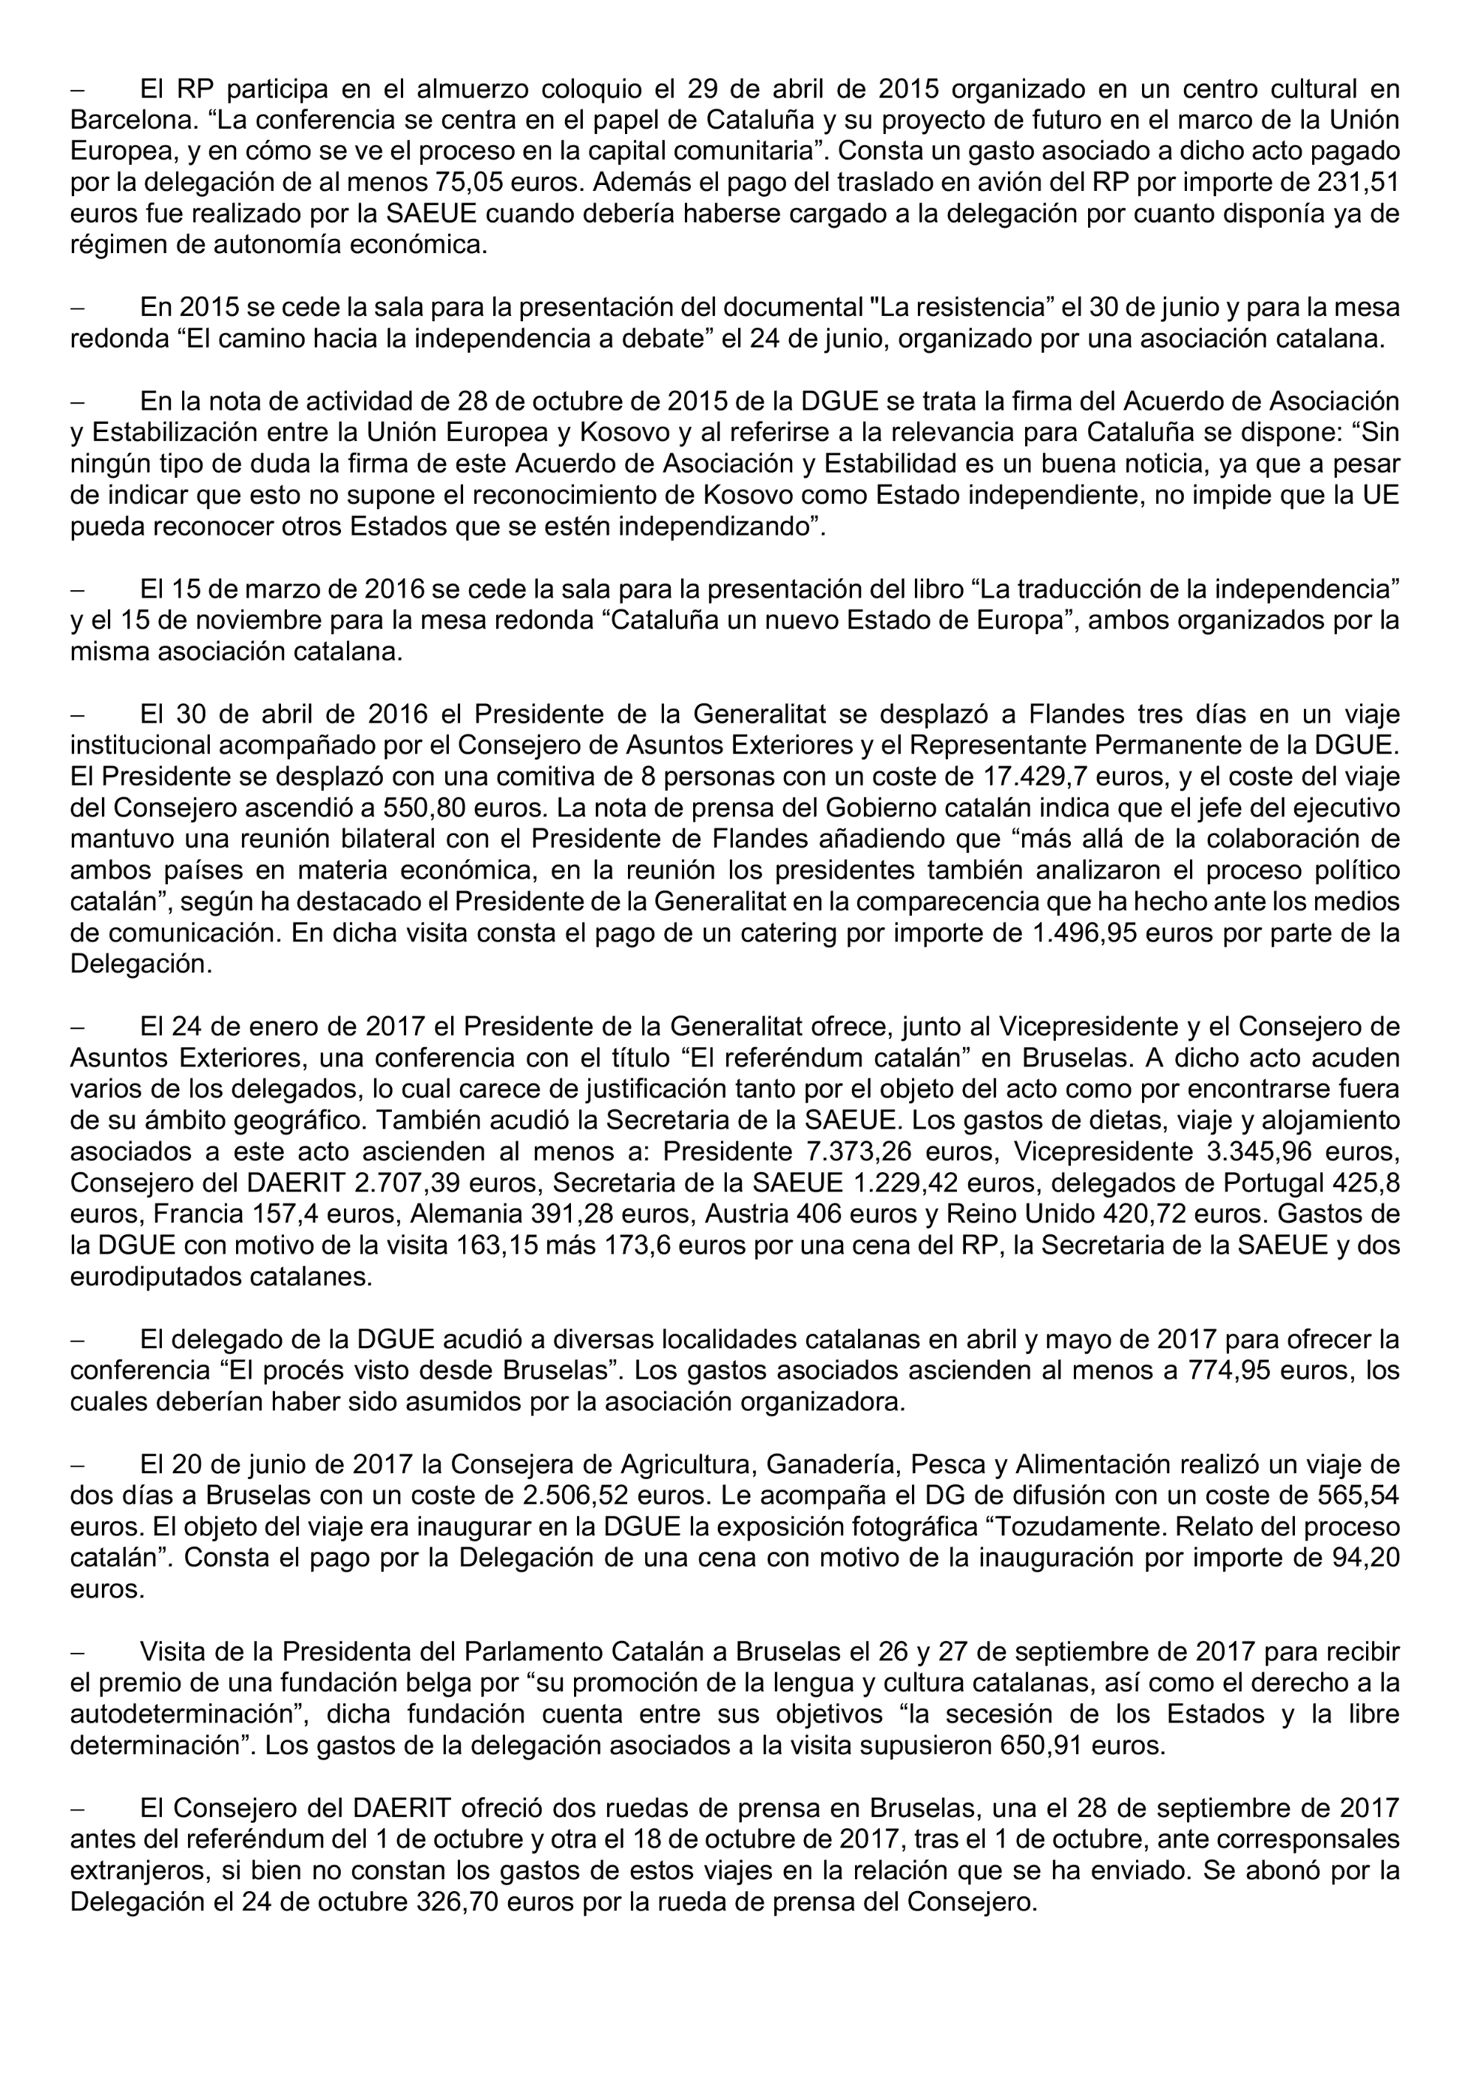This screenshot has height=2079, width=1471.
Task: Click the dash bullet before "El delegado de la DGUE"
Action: [x=77, y=1340]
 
